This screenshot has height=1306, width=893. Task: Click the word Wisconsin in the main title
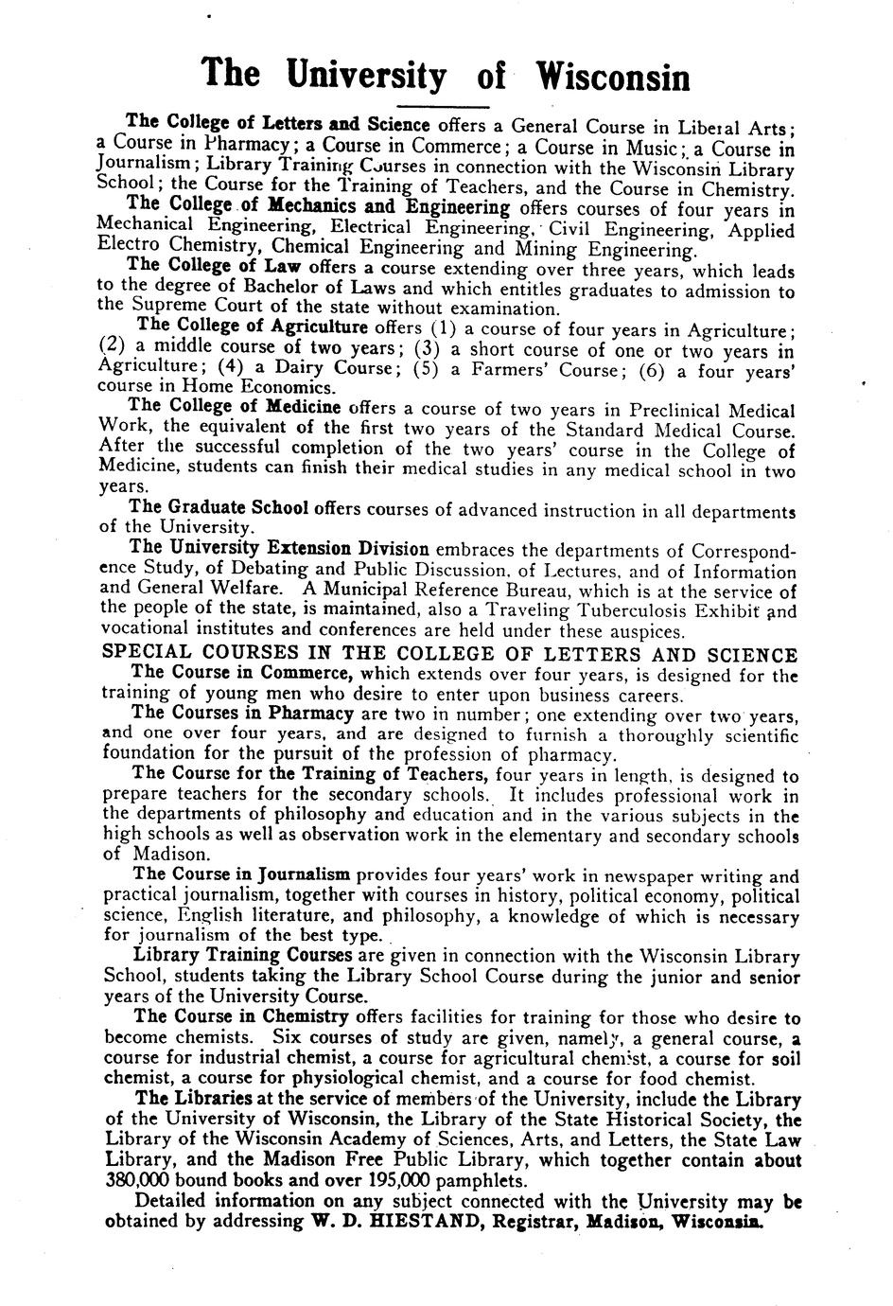coord(612,75)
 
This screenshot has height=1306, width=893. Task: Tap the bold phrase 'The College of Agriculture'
coord(253,326)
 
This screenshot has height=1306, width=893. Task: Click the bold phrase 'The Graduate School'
coord(219,507)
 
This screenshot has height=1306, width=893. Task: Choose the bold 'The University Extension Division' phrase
coord(279,548)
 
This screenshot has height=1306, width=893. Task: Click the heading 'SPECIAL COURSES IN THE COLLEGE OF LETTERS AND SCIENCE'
coord(448,654)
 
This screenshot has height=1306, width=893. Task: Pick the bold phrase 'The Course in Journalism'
coord(242,874)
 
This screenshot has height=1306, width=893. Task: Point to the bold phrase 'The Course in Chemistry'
coord(241,1017)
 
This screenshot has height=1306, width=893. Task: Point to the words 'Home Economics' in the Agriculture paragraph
coord(256,387)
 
